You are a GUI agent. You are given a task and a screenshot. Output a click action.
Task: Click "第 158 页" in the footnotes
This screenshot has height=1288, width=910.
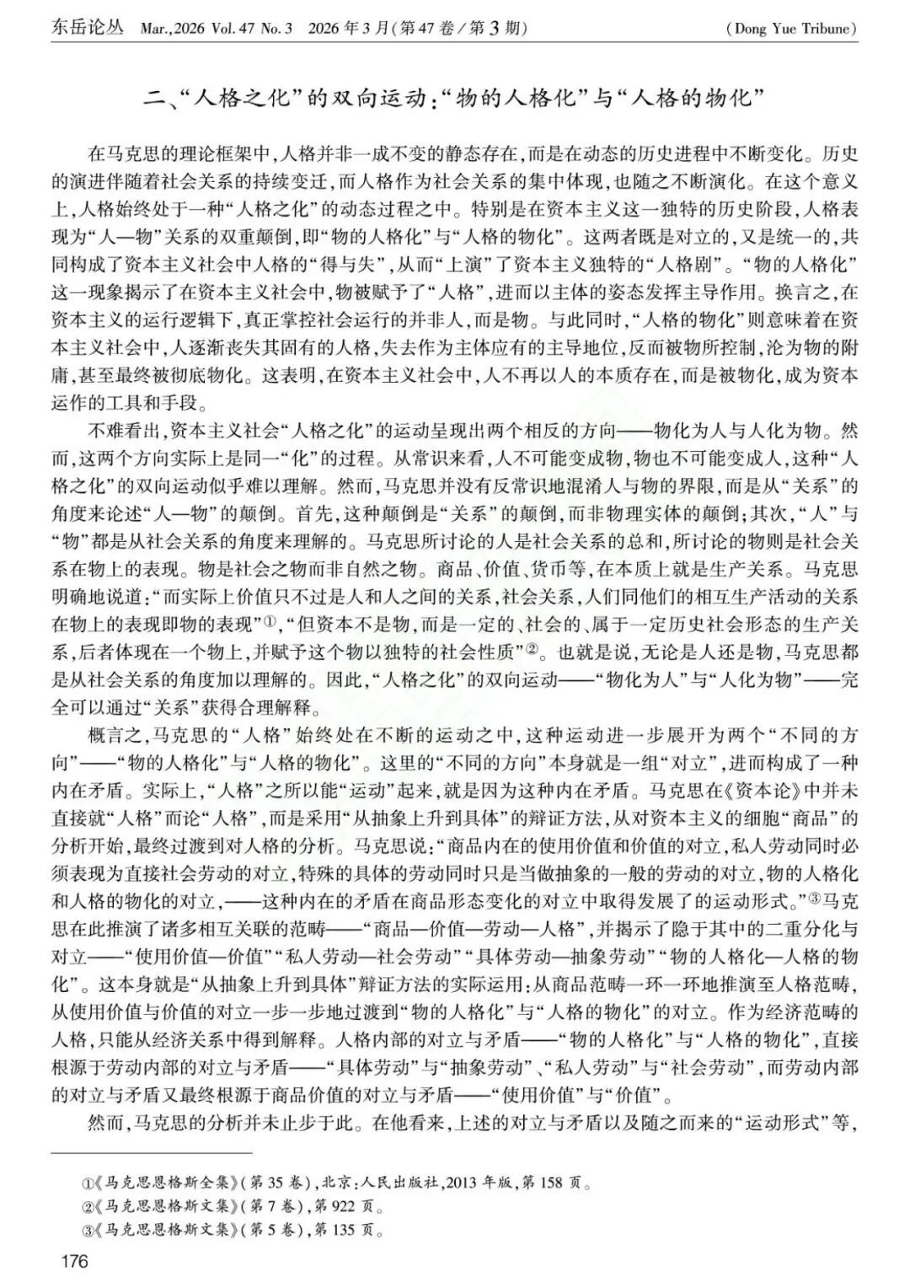[552, 1183]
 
